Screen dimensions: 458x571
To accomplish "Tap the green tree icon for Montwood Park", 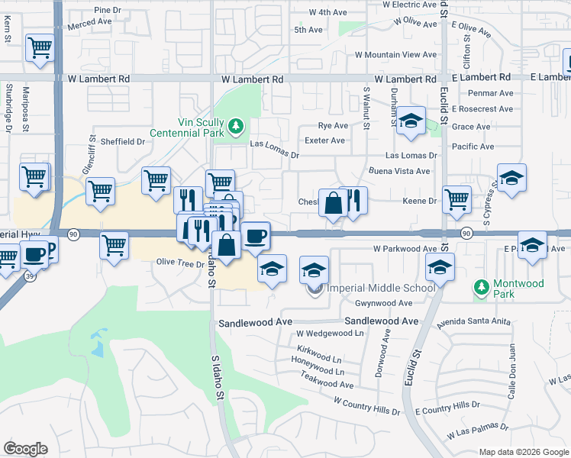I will pos(481,287).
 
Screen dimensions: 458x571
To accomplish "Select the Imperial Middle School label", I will pos(380,288).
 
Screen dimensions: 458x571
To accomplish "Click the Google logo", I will pos(25,449).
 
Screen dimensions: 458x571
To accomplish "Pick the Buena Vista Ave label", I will pos(399,171).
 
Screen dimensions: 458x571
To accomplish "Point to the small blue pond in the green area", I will pos(97,346).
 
